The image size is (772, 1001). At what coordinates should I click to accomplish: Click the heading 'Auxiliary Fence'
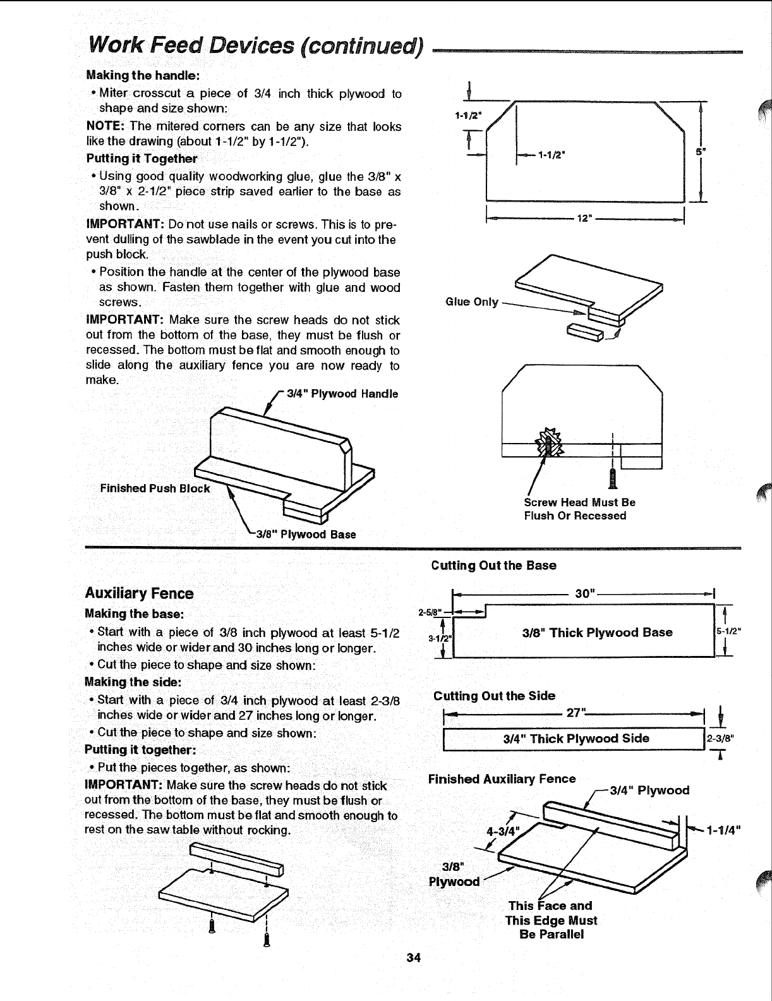pyautogui.click(x=139, y=593)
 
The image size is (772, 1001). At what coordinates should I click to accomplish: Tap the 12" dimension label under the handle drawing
pyautogui.click(x=584, y=219)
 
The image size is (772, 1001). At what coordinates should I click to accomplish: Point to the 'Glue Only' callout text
pyautogui.click(x=472, y=302)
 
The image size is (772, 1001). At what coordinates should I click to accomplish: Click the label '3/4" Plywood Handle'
pyautogui.click(x=342, y=394)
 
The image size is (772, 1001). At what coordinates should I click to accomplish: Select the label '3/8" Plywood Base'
pyautogui.click(x=306, y=535)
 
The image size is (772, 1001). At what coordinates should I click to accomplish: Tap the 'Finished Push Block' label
pyautogui.click(x=155, y=488)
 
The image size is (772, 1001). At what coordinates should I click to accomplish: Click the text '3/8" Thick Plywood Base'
pyautogui.click(x=598, y=633)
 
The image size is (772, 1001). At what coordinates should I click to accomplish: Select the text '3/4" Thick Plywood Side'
pyautogui.click(x=576, y=739)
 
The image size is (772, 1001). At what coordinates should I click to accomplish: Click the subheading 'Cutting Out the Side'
pyautogui.click(x=494, y=696)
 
